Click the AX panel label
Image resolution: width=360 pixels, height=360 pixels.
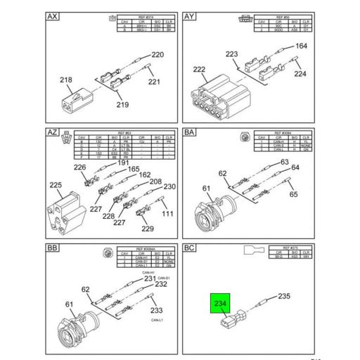tap(53, 16)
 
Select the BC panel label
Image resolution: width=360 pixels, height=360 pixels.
tap(190, 248)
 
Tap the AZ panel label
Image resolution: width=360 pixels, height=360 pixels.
tap(53, 132)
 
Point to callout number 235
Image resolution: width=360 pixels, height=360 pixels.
tap(283, 297)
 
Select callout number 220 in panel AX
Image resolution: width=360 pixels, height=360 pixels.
tap(157, 55)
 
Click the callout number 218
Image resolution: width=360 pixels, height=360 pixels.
tap(65, 80)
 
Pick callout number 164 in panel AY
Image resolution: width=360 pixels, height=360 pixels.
tap(301, 46)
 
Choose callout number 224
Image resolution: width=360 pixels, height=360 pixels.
tap(300, 72)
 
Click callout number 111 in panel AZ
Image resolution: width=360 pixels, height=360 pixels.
tap(169, 213)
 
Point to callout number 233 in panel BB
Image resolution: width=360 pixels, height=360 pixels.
tap(155, 310)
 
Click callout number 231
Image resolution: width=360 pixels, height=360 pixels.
tap(150, 279)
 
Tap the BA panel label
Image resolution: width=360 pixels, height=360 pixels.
tap(190, 132)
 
